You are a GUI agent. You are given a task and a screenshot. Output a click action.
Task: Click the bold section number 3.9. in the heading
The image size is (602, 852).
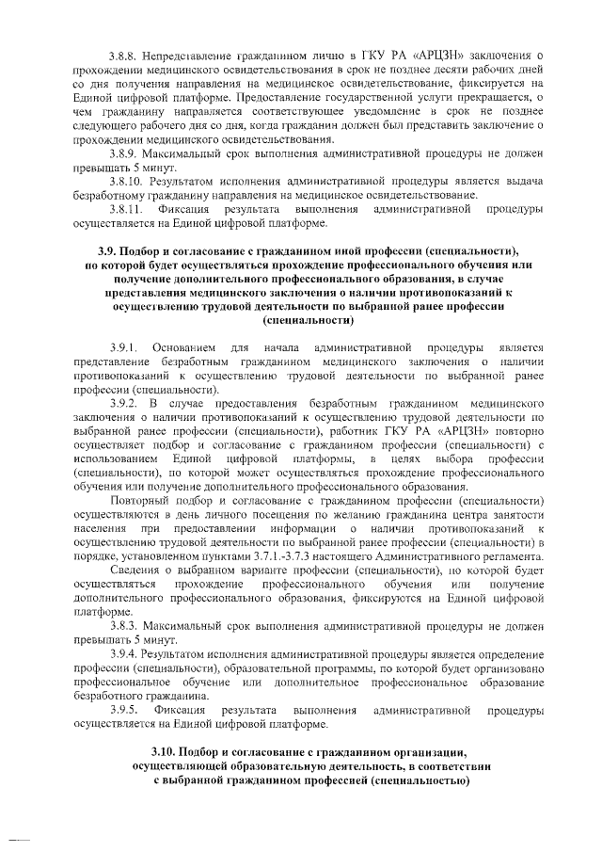[x=112, y=252]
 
